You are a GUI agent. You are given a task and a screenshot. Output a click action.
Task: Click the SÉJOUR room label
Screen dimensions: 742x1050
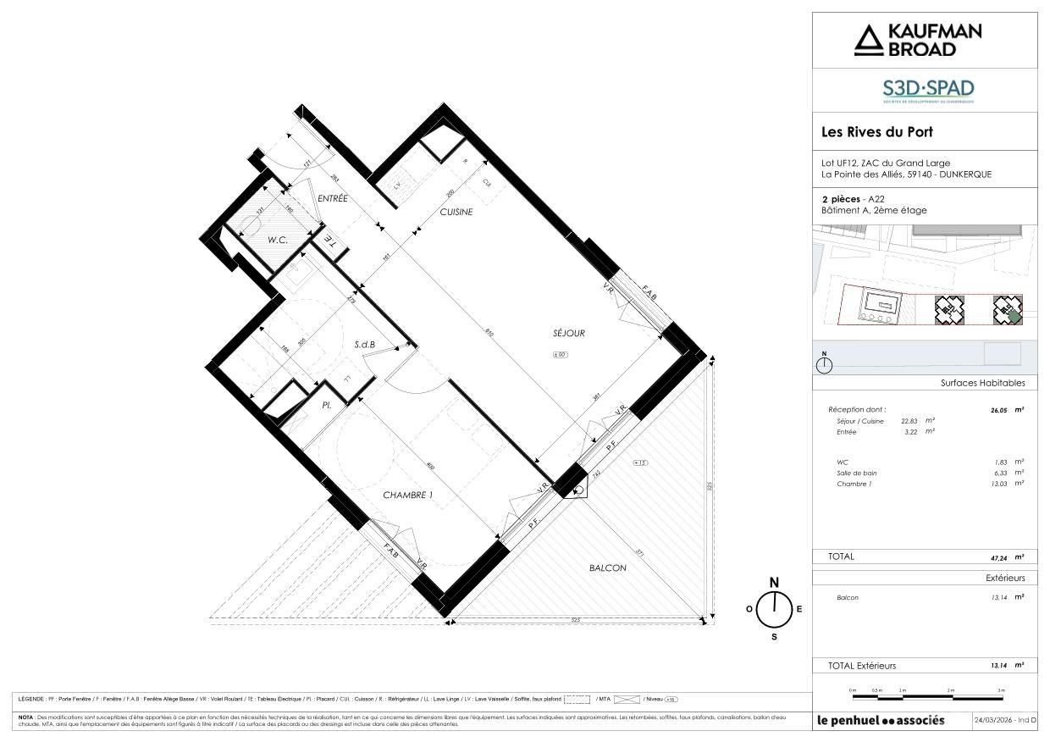[x=564, y=333]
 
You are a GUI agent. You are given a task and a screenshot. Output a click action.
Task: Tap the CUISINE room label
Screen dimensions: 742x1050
[x=456, y=212]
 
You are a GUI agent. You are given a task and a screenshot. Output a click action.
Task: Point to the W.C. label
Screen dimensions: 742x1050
[x=278, y=240]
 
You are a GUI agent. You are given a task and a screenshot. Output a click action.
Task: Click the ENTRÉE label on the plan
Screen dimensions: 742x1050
[x=333, y=198]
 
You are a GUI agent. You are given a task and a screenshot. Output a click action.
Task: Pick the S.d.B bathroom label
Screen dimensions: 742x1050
[x=364, y=344]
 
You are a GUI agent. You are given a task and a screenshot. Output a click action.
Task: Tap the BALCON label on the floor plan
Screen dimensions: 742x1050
[x=607, y=568]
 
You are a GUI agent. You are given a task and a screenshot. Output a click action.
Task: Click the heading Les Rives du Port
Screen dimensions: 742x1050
[x=876, y=131]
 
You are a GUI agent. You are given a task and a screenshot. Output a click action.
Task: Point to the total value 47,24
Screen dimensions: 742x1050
[x=1003, y=558]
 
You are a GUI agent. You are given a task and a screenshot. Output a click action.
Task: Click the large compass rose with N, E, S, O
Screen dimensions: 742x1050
[x=773, y=608]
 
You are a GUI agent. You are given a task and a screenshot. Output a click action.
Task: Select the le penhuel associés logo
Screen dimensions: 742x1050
[x=891, y=721]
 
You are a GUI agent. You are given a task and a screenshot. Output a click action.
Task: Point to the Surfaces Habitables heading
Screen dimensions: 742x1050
[x=982, y=383]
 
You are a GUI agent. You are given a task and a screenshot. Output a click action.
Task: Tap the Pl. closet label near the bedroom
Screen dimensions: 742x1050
[x=325, y=406]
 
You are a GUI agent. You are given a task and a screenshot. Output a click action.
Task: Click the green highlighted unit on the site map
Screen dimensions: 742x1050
[x=1014, y=316]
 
